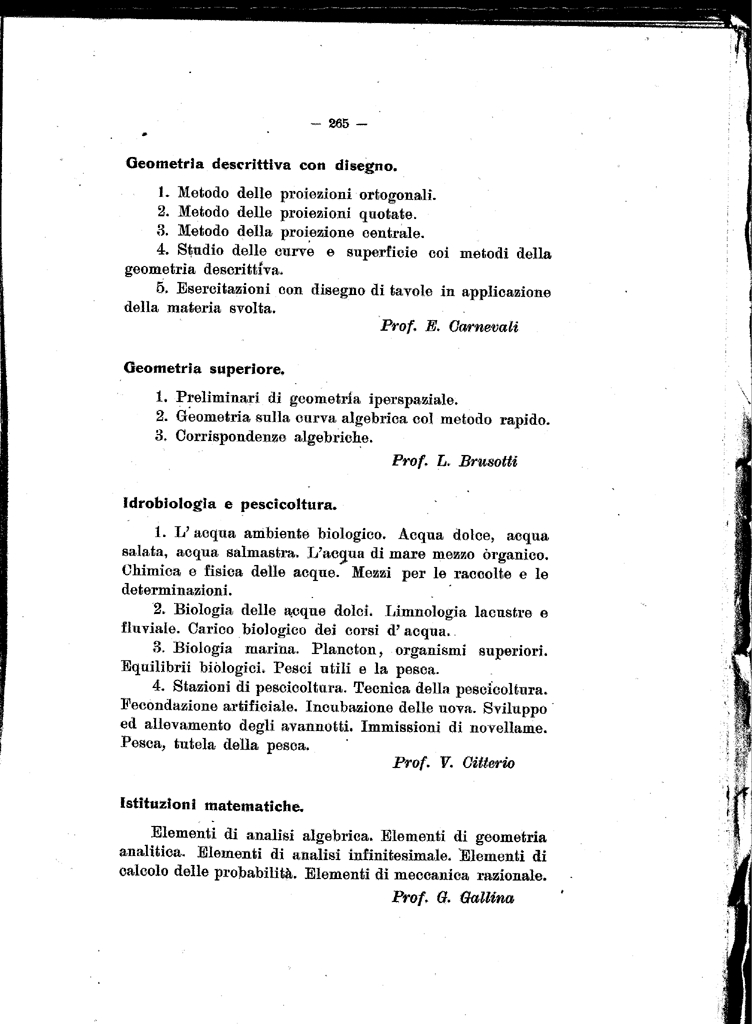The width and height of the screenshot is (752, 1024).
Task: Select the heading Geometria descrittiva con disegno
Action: [x=262, y=163]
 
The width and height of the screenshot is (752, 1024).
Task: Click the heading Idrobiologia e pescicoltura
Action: [x=229, y=504]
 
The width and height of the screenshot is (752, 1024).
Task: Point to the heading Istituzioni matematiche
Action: [x=213, y=804]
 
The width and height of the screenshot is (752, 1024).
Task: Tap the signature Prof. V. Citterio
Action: [x=454, y=763]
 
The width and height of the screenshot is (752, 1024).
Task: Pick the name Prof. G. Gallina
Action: [x=453, y=897]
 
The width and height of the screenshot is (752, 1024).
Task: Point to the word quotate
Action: [x=386, y=213]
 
